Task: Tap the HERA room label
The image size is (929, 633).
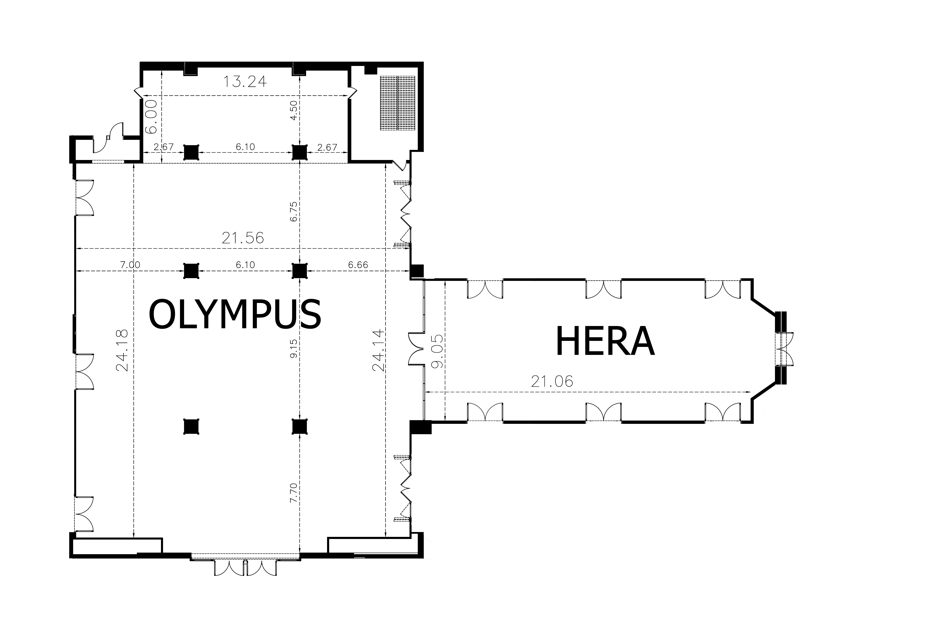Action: coord(605,341)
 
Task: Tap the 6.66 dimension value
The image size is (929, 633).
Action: coord(358,265)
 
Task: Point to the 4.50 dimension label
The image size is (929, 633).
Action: coord(294,110)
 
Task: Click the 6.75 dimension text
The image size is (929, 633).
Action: coord(294,212)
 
